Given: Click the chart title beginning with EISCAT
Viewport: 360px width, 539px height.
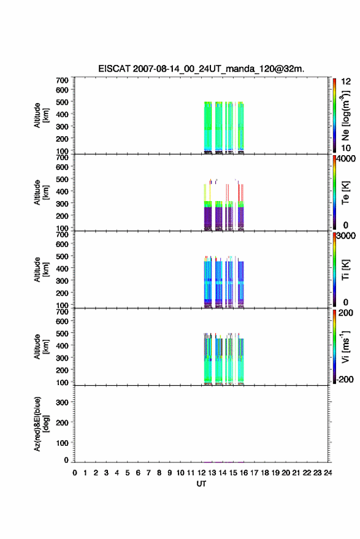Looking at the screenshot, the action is pyautogui.click(x=201, y=69).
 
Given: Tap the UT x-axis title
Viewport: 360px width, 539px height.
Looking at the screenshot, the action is pyautogui.click(x=202, y=484).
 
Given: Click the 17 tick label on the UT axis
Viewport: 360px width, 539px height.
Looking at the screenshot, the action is pyautogui.click(x=254, y=473).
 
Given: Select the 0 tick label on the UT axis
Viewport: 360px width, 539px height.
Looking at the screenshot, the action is pyautogui.click(x=75, y=473).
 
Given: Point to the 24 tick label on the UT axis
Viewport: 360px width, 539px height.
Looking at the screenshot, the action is pyautogui.click(x=327, y=473).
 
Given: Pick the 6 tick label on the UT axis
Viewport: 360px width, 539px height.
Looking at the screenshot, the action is pyautogui.click(x=138, y=473).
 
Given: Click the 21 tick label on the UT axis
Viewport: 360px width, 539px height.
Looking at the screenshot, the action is pyautogui.click(x=296, y=473).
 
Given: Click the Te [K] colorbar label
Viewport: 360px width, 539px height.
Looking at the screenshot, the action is pyautogui.click(x=345, y=193).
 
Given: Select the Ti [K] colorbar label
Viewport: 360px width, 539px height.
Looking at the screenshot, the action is pyautogui.click(x=345, y=270).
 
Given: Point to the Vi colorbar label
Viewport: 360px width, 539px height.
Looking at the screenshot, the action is pyautogui.click(x=345, y=346).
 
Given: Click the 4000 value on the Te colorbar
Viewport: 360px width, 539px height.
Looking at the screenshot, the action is pyautogui.click(x=347, y=159).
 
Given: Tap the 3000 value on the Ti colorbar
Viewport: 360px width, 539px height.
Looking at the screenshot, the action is pyautogui.click(x=347, y=236).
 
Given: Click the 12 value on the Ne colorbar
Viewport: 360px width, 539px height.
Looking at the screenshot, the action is pyautogui.click(x=347, y=82).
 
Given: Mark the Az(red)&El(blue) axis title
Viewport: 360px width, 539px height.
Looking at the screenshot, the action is pyautogui.click(x=41, y=424).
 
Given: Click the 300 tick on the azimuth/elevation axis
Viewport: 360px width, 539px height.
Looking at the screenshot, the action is pyautogui.click(x=63, y=402).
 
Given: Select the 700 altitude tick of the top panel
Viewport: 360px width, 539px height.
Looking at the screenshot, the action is pyautogui.click(x=62, y=80).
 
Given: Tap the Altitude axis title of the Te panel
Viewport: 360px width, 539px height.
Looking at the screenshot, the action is pyautogui.click(x=41, y=193).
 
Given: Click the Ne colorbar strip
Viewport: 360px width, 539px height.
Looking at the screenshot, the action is pyautogui.click(x=335, y=115).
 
